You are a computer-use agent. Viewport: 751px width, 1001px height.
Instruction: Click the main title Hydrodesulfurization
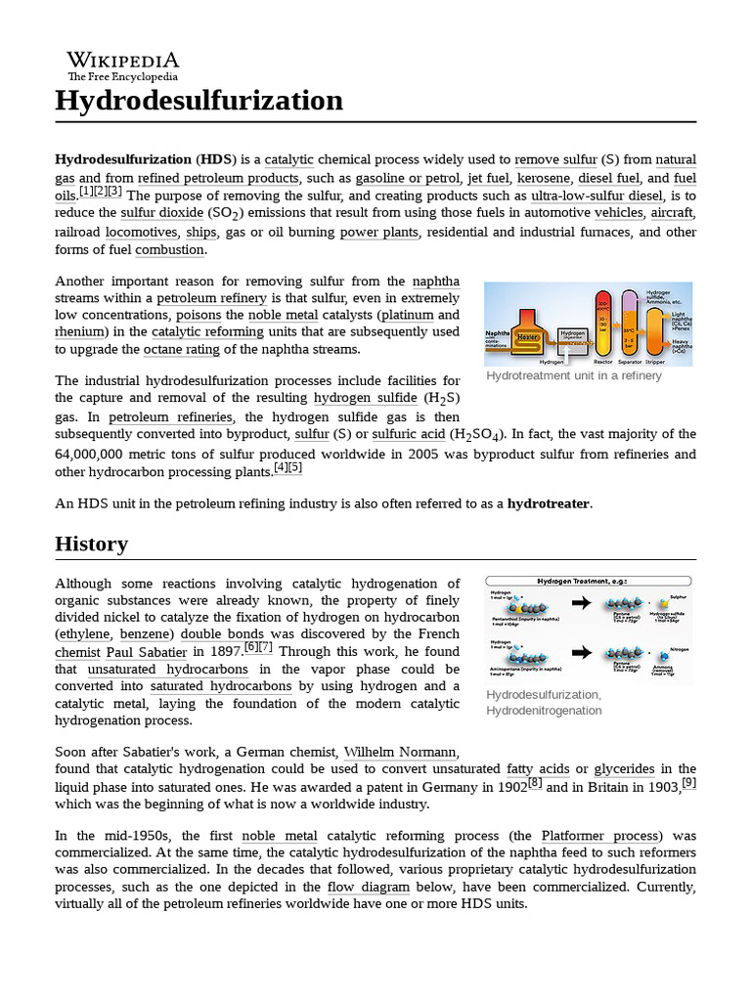click(x=199, y=101)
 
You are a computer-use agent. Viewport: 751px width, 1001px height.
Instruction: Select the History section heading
click(x=91, y=544)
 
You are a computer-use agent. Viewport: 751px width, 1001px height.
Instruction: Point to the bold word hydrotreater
click(x=549, y=503)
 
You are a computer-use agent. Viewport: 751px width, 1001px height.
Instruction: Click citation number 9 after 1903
click(x=688, y=783)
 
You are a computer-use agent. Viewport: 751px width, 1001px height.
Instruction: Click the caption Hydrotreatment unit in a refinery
click(x=573, y=375)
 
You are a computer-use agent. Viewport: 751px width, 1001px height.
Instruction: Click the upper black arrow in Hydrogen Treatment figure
click(x=580, y=603)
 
